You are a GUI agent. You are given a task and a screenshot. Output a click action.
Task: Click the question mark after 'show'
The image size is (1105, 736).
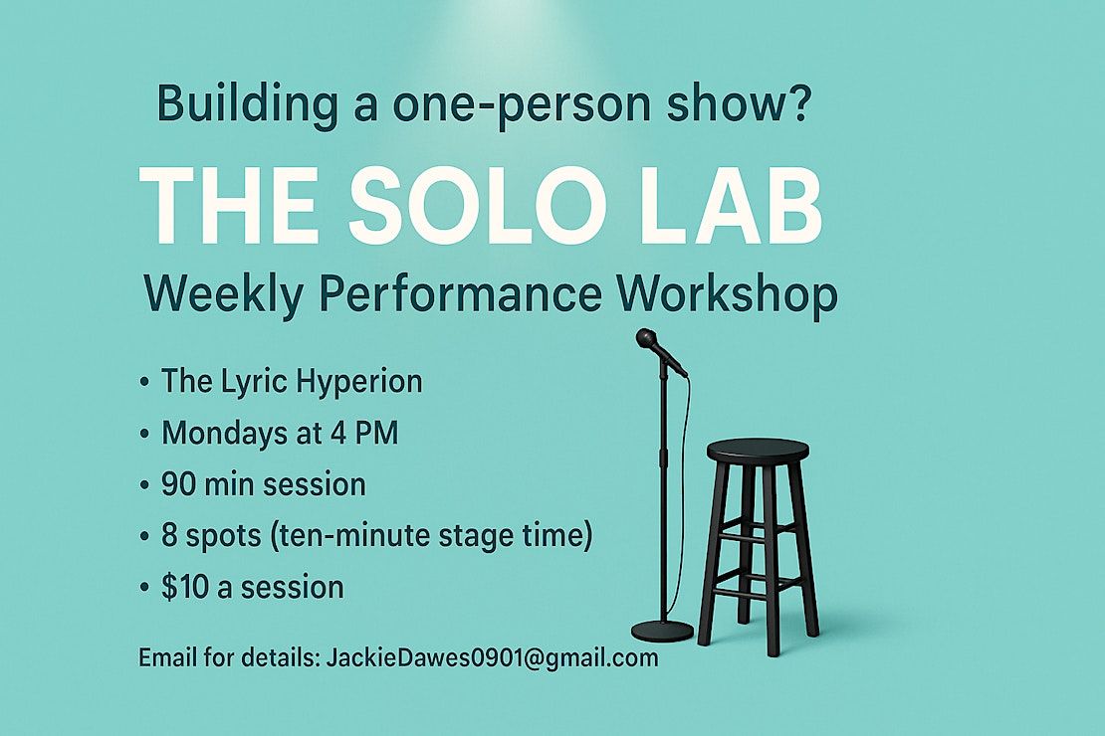point(799,102)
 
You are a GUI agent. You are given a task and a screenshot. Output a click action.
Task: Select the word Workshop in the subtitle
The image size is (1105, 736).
point(727,294)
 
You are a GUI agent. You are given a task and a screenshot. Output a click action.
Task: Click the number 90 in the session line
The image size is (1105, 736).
point(178,484)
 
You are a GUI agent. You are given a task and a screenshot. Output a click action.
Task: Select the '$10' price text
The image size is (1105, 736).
point(184,588)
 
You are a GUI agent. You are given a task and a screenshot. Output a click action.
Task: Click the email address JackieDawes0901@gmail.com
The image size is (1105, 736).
point(492,657)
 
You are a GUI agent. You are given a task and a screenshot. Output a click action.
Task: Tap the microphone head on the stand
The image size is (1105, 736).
point(648,340)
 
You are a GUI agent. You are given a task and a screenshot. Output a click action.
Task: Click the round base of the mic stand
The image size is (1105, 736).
point(662,631)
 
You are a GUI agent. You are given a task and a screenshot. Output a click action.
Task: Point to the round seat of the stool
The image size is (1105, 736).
point(758,450)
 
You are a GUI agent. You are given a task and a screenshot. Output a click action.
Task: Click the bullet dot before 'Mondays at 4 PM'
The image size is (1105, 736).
point(144,434)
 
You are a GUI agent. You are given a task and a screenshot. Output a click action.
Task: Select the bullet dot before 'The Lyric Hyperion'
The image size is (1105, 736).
point(144,383)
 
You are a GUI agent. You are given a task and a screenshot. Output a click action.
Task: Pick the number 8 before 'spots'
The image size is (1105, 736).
point(169,536)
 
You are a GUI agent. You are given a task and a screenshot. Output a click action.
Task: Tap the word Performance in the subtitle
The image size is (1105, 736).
point(460,294)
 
